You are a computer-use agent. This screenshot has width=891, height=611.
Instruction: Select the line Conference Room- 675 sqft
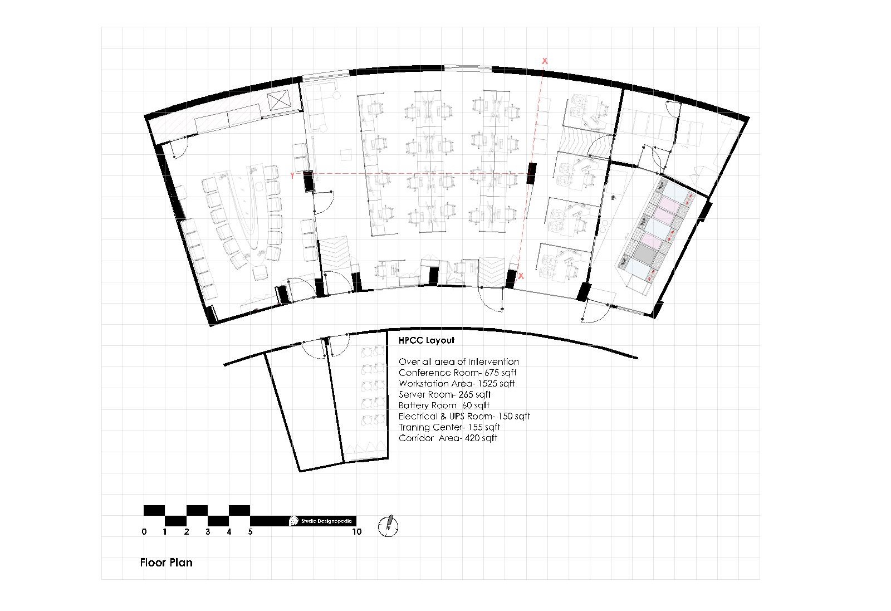click(x=461, y=373)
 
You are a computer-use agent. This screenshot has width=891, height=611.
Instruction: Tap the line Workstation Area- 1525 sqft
click(x=457, y=384)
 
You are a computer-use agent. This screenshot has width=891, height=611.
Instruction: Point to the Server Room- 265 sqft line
click(x=444, y=394)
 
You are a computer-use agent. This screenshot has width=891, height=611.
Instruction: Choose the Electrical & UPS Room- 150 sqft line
click(x=464, y=417)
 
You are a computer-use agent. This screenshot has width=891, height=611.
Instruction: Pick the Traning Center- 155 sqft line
click(x=449, y=427)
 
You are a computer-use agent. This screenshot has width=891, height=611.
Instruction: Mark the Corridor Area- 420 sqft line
click(x=448, y=438)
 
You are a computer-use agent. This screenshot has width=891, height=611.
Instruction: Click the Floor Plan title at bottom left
click(x=166, y=563)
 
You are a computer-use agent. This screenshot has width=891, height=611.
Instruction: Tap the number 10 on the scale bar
click(x=357, y=532)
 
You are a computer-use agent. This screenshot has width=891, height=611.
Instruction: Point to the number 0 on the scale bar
click(x=144, y=532)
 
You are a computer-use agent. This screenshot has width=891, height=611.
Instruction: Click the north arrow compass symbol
click(x=388, y=525)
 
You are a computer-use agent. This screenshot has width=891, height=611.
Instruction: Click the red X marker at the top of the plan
click(x=545, y=61)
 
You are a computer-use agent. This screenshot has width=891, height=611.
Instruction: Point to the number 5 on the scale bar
click(x=251, y=532)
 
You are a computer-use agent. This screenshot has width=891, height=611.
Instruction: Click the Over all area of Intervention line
click(x=459, y=362)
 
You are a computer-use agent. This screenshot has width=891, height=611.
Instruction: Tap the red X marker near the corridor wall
click(x=521, y=276)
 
